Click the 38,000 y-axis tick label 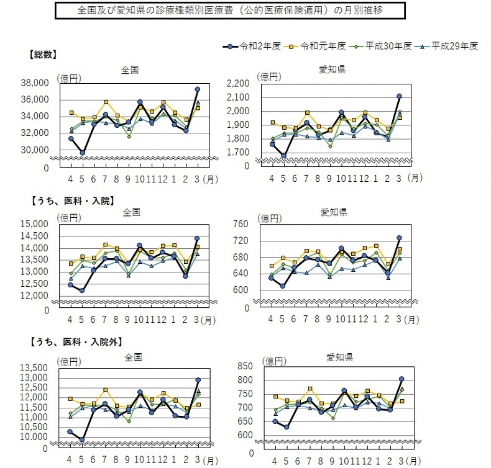coord(36,83)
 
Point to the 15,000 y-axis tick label coord(36,224)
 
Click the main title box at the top coord(231,11)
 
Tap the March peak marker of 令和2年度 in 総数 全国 coord(198,89)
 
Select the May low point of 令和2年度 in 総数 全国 coord(83,153)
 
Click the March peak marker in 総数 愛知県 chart coord(399,96)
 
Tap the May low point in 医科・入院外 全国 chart coord(83,439)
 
